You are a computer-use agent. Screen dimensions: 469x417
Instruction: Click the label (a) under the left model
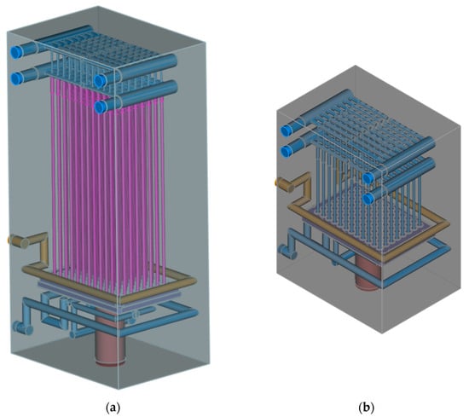113,407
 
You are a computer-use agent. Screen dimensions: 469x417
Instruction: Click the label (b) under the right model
366,407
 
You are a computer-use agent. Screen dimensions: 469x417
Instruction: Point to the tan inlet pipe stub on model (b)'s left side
284,185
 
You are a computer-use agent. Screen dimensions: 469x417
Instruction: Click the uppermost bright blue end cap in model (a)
17,52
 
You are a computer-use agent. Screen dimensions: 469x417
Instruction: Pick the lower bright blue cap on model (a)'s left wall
17,78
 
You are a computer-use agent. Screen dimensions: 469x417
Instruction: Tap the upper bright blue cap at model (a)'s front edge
100,80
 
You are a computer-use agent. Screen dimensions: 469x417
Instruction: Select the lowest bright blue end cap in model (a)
101,107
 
